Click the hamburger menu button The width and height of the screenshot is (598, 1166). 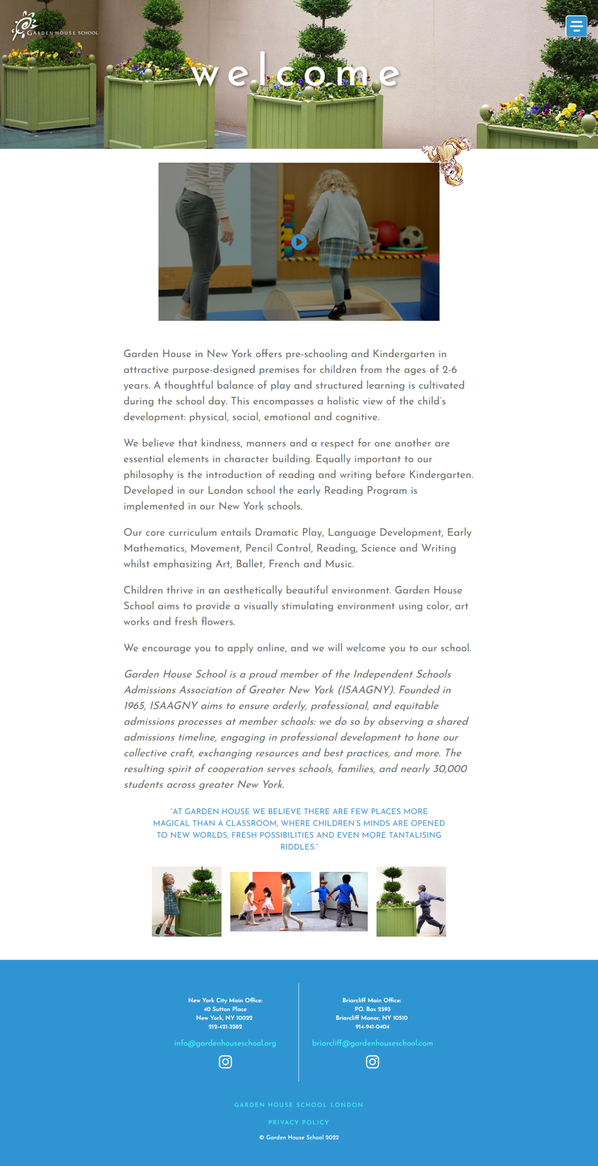pyautogui.click(x=576, y=26)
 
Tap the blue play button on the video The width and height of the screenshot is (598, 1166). pyautogui.click(x=298, y=242)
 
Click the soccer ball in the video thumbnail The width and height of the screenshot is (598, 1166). pyautogui.click(x=412, y=237)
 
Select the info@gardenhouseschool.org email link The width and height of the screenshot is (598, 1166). pyautogui.click(x=225, y=1043)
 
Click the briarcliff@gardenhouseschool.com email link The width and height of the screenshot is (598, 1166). pyautogui.click(x=372, y=1043)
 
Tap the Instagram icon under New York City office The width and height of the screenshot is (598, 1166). pyautogui.click(x=225, y=1062)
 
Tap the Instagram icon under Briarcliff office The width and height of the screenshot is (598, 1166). pyautogui.click(x=372, y=1062)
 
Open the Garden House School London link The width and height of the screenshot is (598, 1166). pyautogui.click(x=298, y=1105)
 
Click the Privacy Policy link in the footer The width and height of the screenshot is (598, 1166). pyautogui.click(x=298, y=1122)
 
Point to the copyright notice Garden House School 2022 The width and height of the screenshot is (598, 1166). pyautogui.click(x=298, y=1137)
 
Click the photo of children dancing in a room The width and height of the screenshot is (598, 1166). pyautogui.click(x=298, y=901)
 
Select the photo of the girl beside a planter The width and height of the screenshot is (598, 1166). pyautogui.click(x=186, y=901)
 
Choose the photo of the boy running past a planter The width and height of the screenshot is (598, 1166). pyautogui.click(x=411, y=901)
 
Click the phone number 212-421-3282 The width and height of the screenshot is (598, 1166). pyautogui.click(x=225, y=1027)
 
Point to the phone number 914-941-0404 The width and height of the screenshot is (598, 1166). pyautogui.click(x=372, y=1027)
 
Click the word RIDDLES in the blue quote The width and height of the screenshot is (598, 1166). pyautogui.click(x=297, y=847)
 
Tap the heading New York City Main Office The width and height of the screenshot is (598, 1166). pyautogui.click(x=225, y=1000)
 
